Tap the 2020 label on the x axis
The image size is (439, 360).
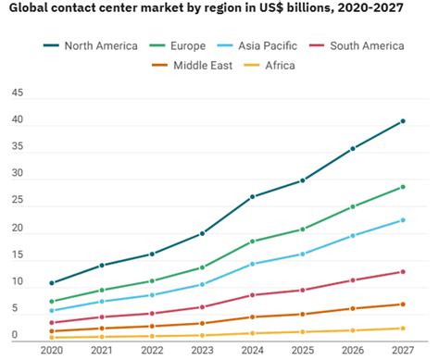52,351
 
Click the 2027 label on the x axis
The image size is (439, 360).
402,351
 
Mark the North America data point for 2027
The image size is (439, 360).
402,121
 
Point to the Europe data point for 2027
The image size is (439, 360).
402,187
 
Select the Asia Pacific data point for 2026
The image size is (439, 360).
352,236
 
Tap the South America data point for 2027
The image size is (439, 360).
402,271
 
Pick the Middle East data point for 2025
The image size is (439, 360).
302,314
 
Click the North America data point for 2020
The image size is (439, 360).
52,283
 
